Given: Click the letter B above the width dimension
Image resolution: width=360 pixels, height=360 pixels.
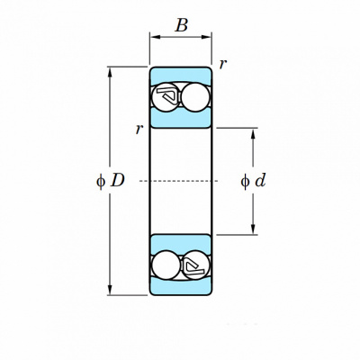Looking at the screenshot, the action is coord(182,25).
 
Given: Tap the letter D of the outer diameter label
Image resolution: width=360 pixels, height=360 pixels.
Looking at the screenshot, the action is coord(117,181).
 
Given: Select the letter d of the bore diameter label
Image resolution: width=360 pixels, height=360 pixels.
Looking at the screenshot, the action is coord(260,181).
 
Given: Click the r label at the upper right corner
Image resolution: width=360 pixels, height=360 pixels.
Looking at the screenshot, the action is coord(223,64).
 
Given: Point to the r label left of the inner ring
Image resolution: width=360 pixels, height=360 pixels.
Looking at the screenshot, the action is coord(139,129).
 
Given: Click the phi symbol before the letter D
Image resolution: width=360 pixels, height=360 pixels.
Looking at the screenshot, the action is coord(101,181).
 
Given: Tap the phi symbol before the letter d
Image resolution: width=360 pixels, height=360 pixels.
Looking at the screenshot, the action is coord(245,181).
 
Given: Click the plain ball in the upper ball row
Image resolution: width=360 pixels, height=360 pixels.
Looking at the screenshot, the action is coord(195,97).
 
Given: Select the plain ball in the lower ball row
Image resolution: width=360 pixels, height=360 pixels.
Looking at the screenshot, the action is coord(166,265).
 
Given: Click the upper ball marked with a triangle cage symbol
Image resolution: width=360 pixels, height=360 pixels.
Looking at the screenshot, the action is coord(166,97).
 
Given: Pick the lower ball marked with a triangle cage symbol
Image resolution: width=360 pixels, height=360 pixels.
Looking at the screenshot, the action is coord(196,265).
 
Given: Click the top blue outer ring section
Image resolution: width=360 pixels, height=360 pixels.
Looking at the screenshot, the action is coord(181,76).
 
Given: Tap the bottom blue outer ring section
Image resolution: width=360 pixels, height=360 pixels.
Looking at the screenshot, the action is coord(181,286).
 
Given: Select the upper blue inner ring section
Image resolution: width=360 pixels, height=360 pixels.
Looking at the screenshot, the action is coord(181,118).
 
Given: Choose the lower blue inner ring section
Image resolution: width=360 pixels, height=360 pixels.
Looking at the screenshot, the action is coord(181,244).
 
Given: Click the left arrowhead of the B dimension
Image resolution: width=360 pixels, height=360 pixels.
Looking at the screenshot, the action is coord(155,37).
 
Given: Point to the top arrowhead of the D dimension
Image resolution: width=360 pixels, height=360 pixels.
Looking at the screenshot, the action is coord(110,72).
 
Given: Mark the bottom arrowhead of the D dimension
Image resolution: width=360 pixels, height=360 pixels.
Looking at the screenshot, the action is coord(110,290).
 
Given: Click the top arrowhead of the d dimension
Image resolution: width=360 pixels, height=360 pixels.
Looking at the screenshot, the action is coord(253,133).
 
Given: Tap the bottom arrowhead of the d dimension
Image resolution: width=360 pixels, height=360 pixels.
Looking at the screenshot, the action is coord(253,229).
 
